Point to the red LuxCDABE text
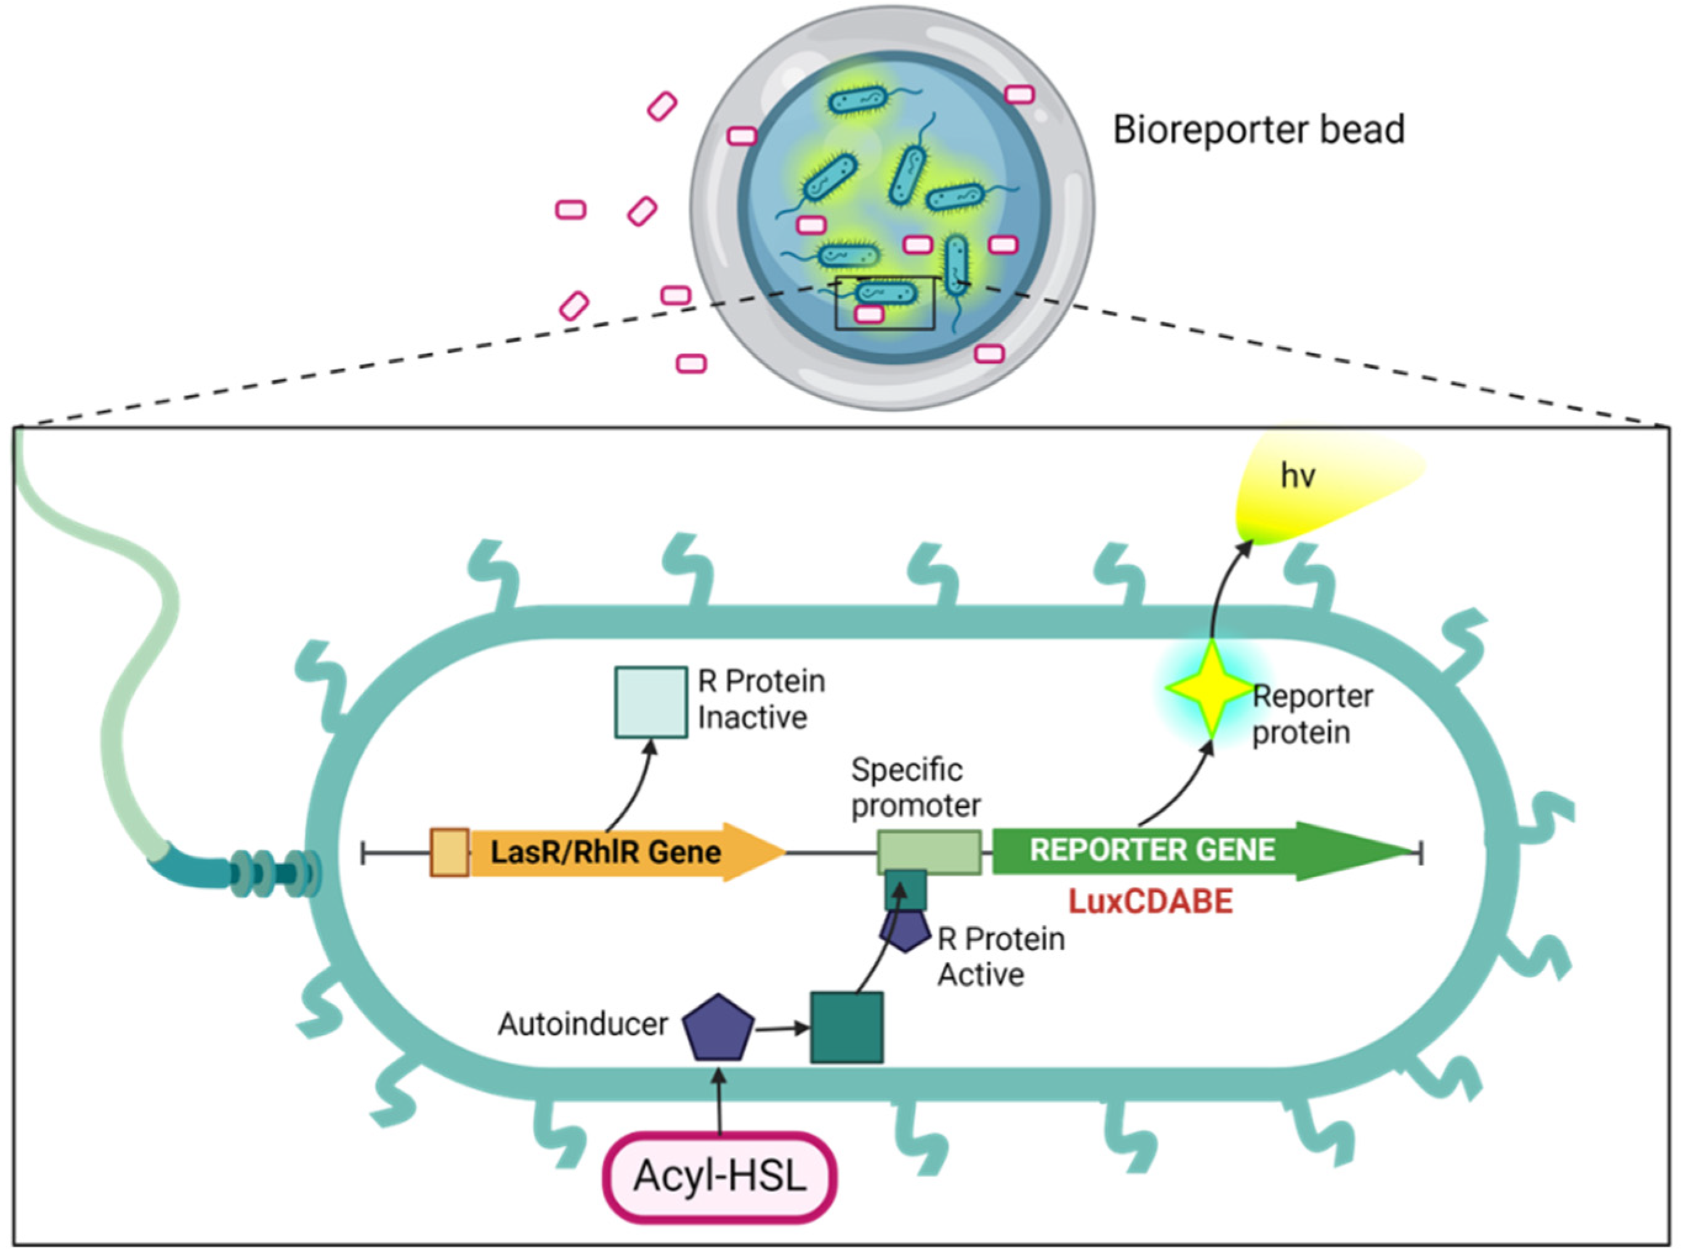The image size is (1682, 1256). pyautogui.click(x=1150, y=902)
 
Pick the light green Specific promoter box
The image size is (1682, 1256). pyautogui.click(x=929, y=851)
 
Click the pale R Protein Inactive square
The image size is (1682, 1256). pyautogui.click(x=650, y=702)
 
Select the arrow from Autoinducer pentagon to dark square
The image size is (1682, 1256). pyautogui.click(x=782, y=1029)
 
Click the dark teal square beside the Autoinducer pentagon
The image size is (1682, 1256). pyautogui.click(x=846, y=1027)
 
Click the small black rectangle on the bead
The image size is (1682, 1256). pyautogui.click(x=884, y=303)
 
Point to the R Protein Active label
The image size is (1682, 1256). pyautogui.click(x=1000, y=957)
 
